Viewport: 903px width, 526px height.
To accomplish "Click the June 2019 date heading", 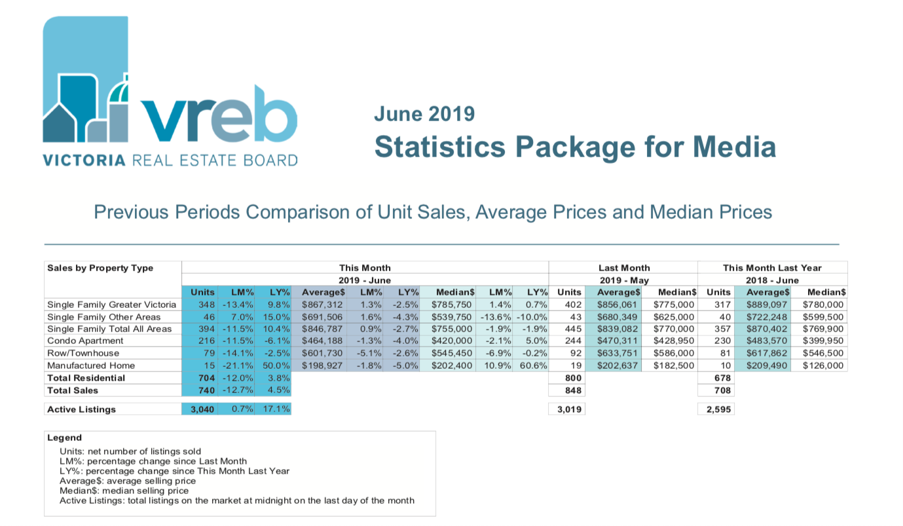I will pos(424,113).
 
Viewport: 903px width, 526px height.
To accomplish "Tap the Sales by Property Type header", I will pos(100,268).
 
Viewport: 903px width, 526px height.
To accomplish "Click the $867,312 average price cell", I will pos(322,305).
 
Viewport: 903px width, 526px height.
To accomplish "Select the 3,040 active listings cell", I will pos(202,409).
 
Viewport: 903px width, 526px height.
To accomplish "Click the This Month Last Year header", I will pos(771,268).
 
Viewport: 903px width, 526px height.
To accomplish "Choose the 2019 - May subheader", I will pos(624,280).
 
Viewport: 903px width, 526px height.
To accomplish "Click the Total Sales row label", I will pos(73,390).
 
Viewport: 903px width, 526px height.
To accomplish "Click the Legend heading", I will pos(64,438).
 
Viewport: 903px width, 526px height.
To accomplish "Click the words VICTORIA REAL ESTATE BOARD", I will pos(170,160).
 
